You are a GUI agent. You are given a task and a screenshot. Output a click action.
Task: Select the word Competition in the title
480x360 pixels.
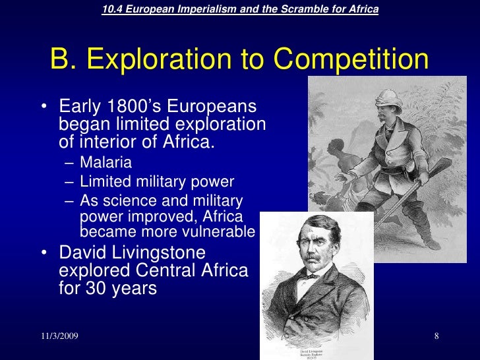click(x=352, y=61)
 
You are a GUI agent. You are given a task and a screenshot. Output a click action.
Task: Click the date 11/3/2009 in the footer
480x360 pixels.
click(x=59, y=337)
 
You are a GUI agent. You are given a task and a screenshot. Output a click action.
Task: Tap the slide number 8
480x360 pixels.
click(x=436, y=337)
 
